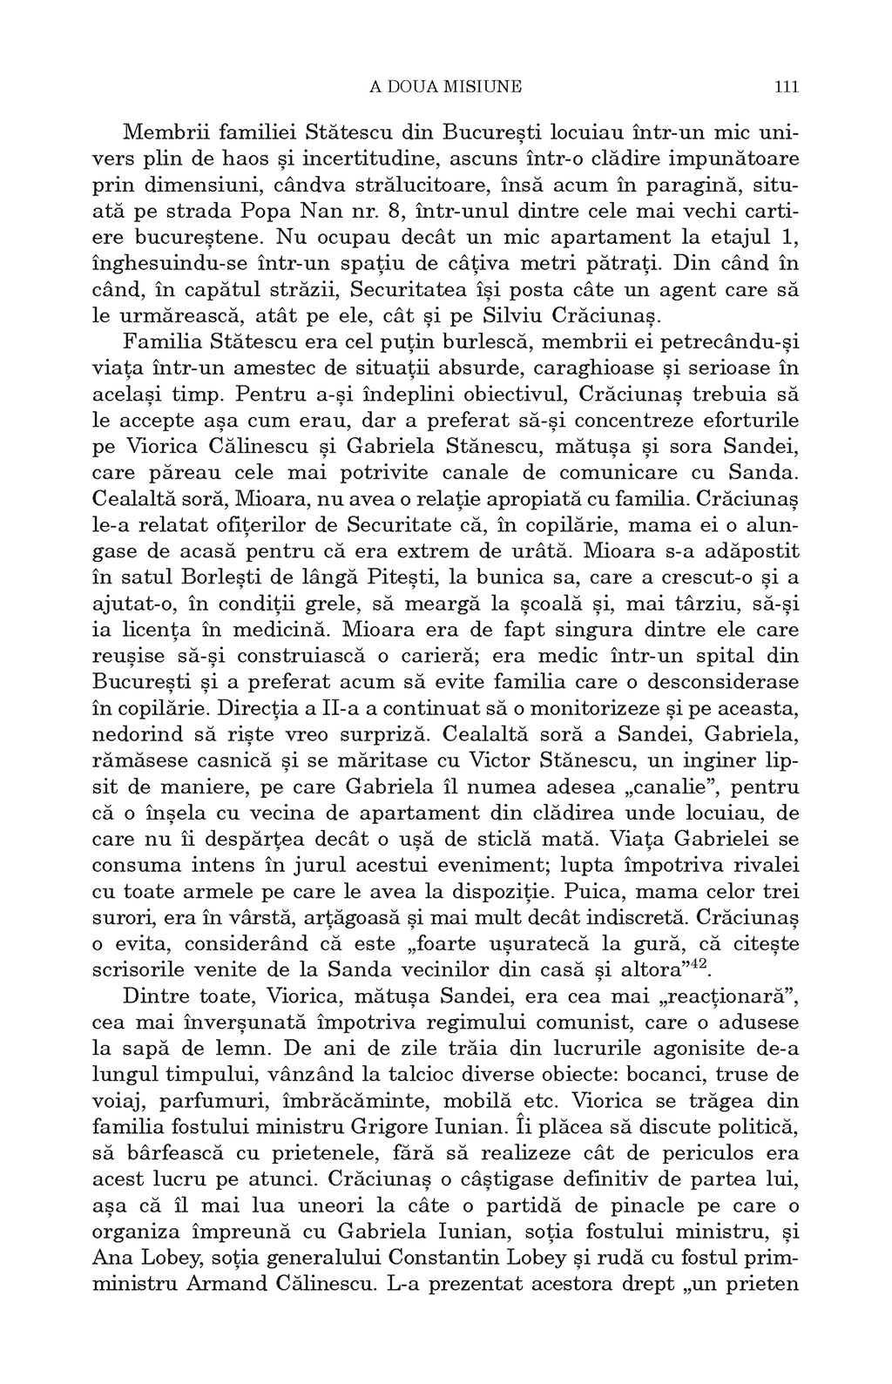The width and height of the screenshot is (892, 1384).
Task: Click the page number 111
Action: click(x=786, y=86)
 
